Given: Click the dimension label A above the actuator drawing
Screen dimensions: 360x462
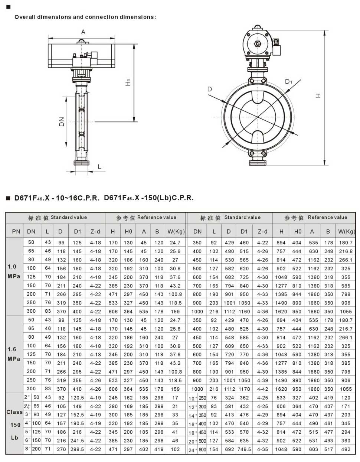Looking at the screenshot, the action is click(x=83, y=32).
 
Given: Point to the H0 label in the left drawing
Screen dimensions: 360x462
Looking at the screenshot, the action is click(x=128, y=82).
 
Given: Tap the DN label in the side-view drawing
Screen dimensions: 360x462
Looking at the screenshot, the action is click(x=62, y=122).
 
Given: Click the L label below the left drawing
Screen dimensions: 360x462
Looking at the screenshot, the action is click(x=99, y=167).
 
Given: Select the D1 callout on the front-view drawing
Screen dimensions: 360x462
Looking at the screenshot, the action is click(x=288, y=82).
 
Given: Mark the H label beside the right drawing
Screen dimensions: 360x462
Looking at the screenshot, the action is click(x=318, y=96).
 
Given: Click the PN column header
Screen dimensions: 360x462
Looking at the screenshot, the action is click(x=16, y=231).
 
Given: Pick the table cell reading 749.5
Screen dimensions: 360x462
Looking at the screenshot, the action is click(x=244, y=449).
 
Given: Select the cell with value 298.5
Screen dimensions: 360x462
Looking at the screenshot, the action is click(x=77, y=449).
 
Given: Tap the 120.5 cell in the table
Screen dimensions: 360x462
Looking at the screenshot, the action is click(x=77, y=398).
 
